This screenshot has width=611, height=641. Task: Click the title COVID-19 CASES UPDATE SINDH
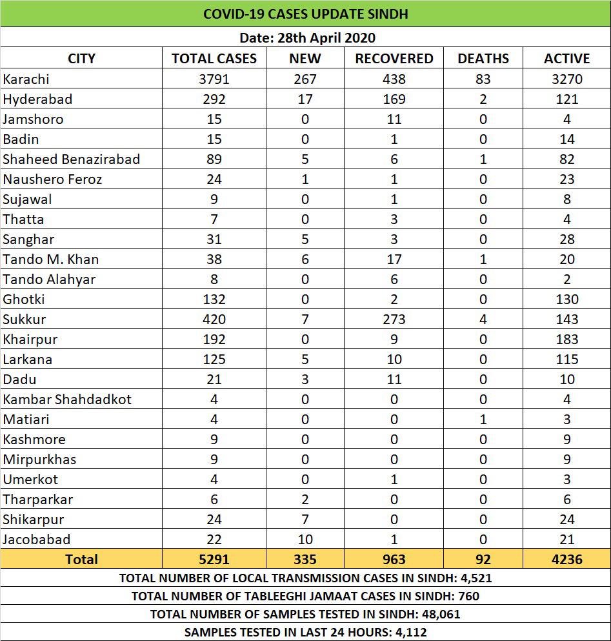pyautogui.click(x=305, y=14)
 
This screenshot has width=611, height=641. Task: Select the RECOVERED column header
pyautogui.click(x=394, y=58)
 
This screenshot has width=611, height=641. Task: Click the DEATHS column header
pyautogui.click(x=483, y=58)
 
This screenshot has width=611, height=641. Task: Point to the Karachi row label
pyautogui.click(x=26, y=79)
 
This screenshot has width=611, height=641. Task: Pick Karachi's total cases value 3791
pyautogui.click(x=214, y=79)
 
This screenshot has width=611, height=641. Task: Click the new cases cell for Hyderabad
pyautogui.click(x=305, y=99)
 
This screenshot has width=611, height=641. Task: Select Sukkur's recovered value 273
pyautogui.click(x=394, y=319)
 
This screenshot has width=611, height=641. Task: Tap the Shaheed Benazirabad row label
pyautogui.click(x=71, y=159)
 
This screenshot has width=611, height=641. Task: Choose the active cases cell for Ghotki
pyautogui.click(x=566, y=299)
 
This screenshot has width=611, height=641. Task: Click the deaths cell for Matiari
pyautogui.click(x=483, y=419)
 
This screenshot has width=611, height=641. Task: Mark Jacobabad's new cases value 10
pyautogui.click(x=305, y=539)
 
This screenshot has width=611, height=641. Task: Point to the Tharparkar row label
pyautogui.click(x=38, y=499)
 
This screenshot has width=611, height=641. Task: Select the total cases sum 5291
pyautogui.click(x=214, y=559)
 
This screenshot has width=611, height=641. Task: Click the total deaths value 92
pyautogui.click(x=483, y=559)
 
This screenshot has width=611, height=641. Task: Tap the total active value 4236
pyautogui.click(x=566, y=559)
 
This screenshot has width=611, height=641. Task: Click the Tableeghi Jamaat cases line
pyautogui.click(x=305, y=596)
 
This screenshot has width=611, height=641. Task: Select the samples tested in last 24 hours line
pyautogui.click(x=305, y=632)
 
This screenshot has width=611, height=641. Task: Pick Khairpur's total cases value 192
pyautogui.click(x=214, y=339)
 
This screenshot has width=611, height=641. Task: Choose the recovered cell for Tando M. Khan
pyautogui.click(x=394, y=259)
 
